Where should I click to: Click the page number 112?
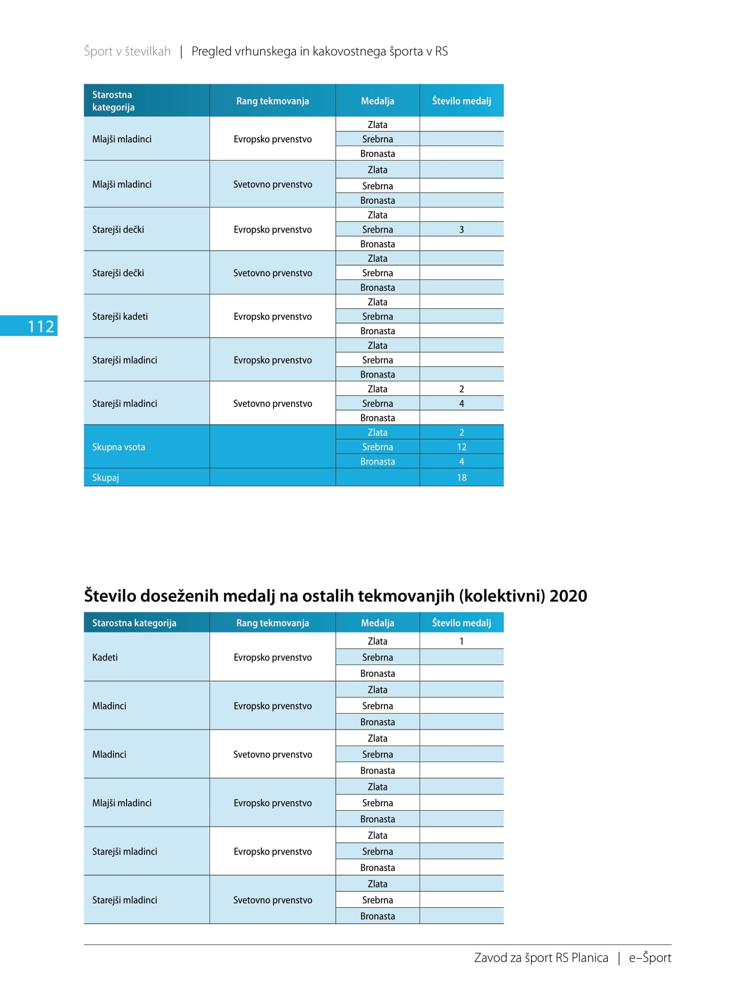41,326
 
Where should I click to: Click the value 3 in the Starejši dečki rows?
462,229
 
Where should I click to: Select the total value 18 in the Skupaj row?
462,477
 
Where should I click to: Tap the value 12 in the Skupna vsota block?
462,447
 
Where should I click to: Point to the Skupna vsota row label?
118,447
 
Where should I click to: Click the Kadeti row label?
105,657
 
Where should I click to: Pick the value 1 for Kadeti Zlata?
462,641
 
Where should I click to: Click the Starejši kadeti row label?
120,316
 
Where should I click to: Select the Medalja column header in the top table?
377,101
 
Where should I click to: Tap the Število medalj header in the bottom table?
462,622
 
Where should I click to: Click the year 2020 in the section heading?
568,596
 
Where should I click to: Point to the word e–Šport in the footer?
650,957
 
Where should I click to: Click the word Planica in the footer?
590,958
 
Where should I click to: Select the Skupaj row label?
106,477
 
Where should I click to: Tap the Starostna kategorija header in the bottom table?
134,623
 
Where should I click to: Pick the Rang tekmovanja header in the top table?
272,101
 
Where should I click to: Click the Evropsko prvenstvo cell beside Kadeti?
272,657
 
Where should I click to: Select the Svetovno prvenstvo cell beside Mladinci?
272,754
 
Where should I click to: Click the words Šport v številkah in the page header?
127,51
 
